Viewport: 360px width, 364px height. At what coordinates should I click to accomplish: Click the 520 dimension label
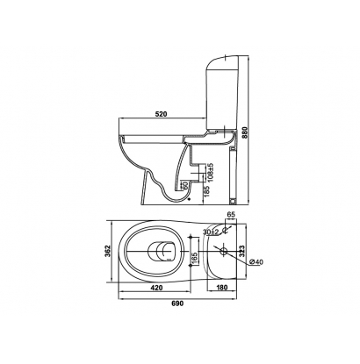pos(161,114)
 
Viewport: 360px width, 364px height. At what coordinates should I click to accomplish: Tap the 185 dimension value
pos(206,191)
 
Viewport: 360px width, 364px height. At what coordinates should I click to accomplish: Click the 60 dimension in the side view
pos(184,185)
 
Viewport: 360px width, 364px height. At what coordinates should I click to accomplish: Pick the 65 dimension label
pos(231,214)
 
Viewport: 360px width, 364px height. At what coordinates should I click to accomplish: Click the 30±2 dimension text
pos(212,232)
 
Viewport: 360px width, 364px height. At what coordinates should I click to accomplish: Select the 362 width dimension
pos(107,251)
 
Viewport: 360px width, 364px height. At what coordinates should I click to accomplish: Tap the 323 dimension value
pos(241,251)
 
